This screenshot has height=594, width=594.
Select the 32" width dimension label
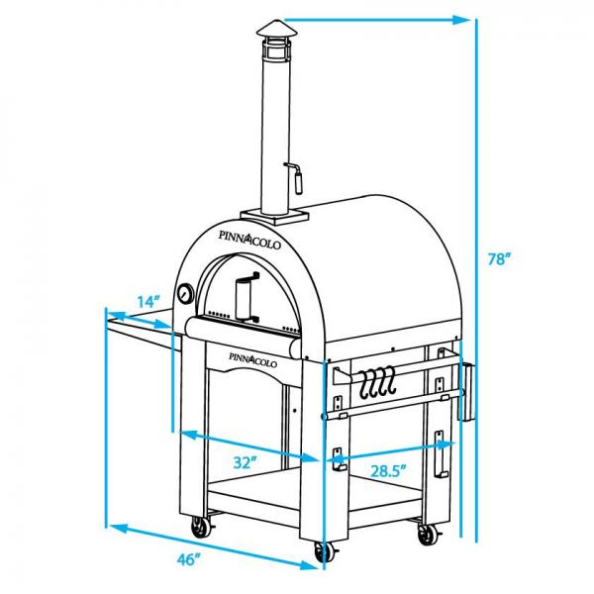(x=246, y=461)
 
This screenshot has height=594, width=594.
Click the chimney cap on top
(x=272, y=37)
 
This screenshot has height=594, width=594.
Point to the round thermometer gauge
(x=185, y=293)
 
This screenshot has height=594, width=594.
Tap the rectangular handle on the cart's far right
(x=466, y=390)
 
